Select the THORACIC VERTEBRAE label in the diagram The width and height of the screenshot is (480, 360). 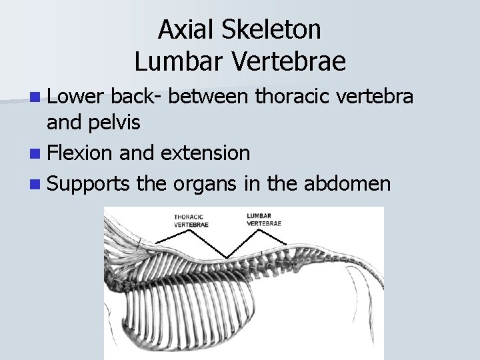[x=191, y=221]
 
